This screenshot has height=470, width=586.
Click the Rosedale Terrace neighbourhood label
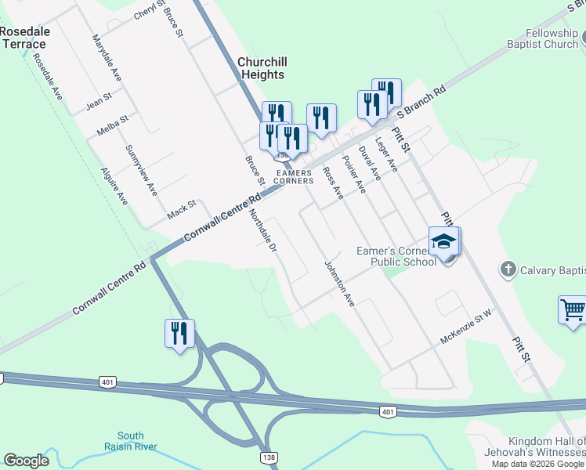(x=24, y=38)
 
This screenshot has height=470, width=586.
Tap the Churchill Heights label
(x=261, y=68)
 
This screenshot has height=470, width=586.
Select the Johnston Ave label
(x=340, y=284)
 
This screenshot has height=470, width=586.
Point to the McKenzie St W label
(x=465, y=323)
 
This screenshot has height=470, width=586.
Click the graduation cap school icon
(x=444, y=242)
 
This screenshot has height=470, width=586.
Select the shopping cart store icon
(x=573, y=309)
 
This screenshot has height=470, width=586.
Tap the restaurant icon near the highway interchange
(x=179, y=333)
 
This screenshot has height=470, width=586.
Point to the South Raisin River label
(x=131, y=441)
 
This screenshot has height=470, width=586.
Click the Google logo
(x=27, y=461)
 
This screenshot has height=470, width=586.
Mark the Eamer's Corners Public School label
(x=396, y=256)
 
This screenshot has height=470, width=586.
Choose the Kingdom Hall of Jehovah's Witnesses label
(x=546, y=446)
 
